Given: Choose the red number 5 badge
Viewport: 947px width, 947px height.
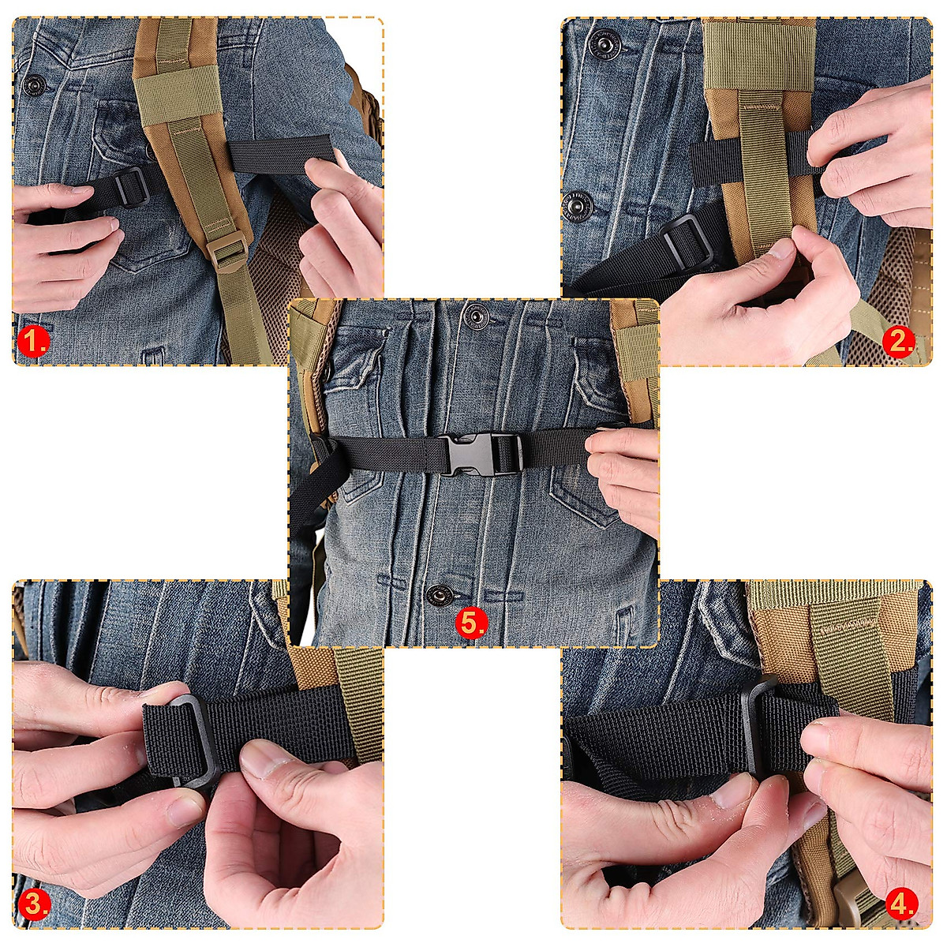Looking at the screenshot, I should [471, 623].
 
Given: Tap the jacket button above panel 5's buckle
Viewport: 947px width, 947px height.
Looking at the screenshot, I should [475, 317].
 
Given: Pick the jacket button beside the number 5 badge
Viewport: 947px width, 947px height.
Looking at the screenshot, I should [437, 593].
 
